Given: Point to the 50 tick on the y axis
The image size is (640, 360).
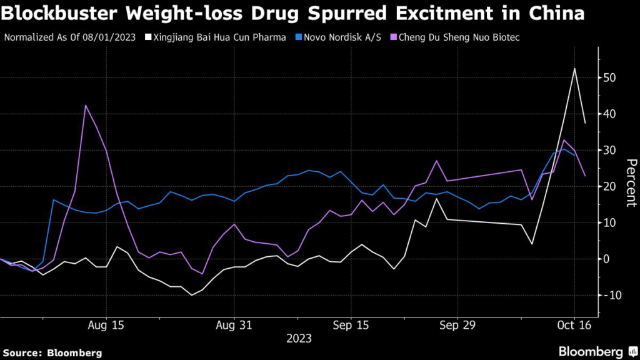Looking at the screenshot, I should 610,78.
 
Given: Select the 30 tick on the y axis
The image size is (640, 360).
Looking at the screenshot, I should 610,151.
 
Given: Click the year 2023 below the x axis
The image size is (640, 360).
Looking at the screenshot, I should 299,339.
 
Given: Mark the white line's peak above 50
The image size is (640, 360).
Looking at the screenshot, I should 574,69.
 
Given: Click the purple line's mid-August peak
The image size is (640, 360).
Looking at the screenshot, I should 86,106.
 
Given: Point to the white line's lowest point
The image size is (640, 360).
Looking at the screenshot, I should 191,294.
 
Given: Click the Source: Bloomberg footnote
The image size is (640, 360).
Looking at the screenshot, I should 52,353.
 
